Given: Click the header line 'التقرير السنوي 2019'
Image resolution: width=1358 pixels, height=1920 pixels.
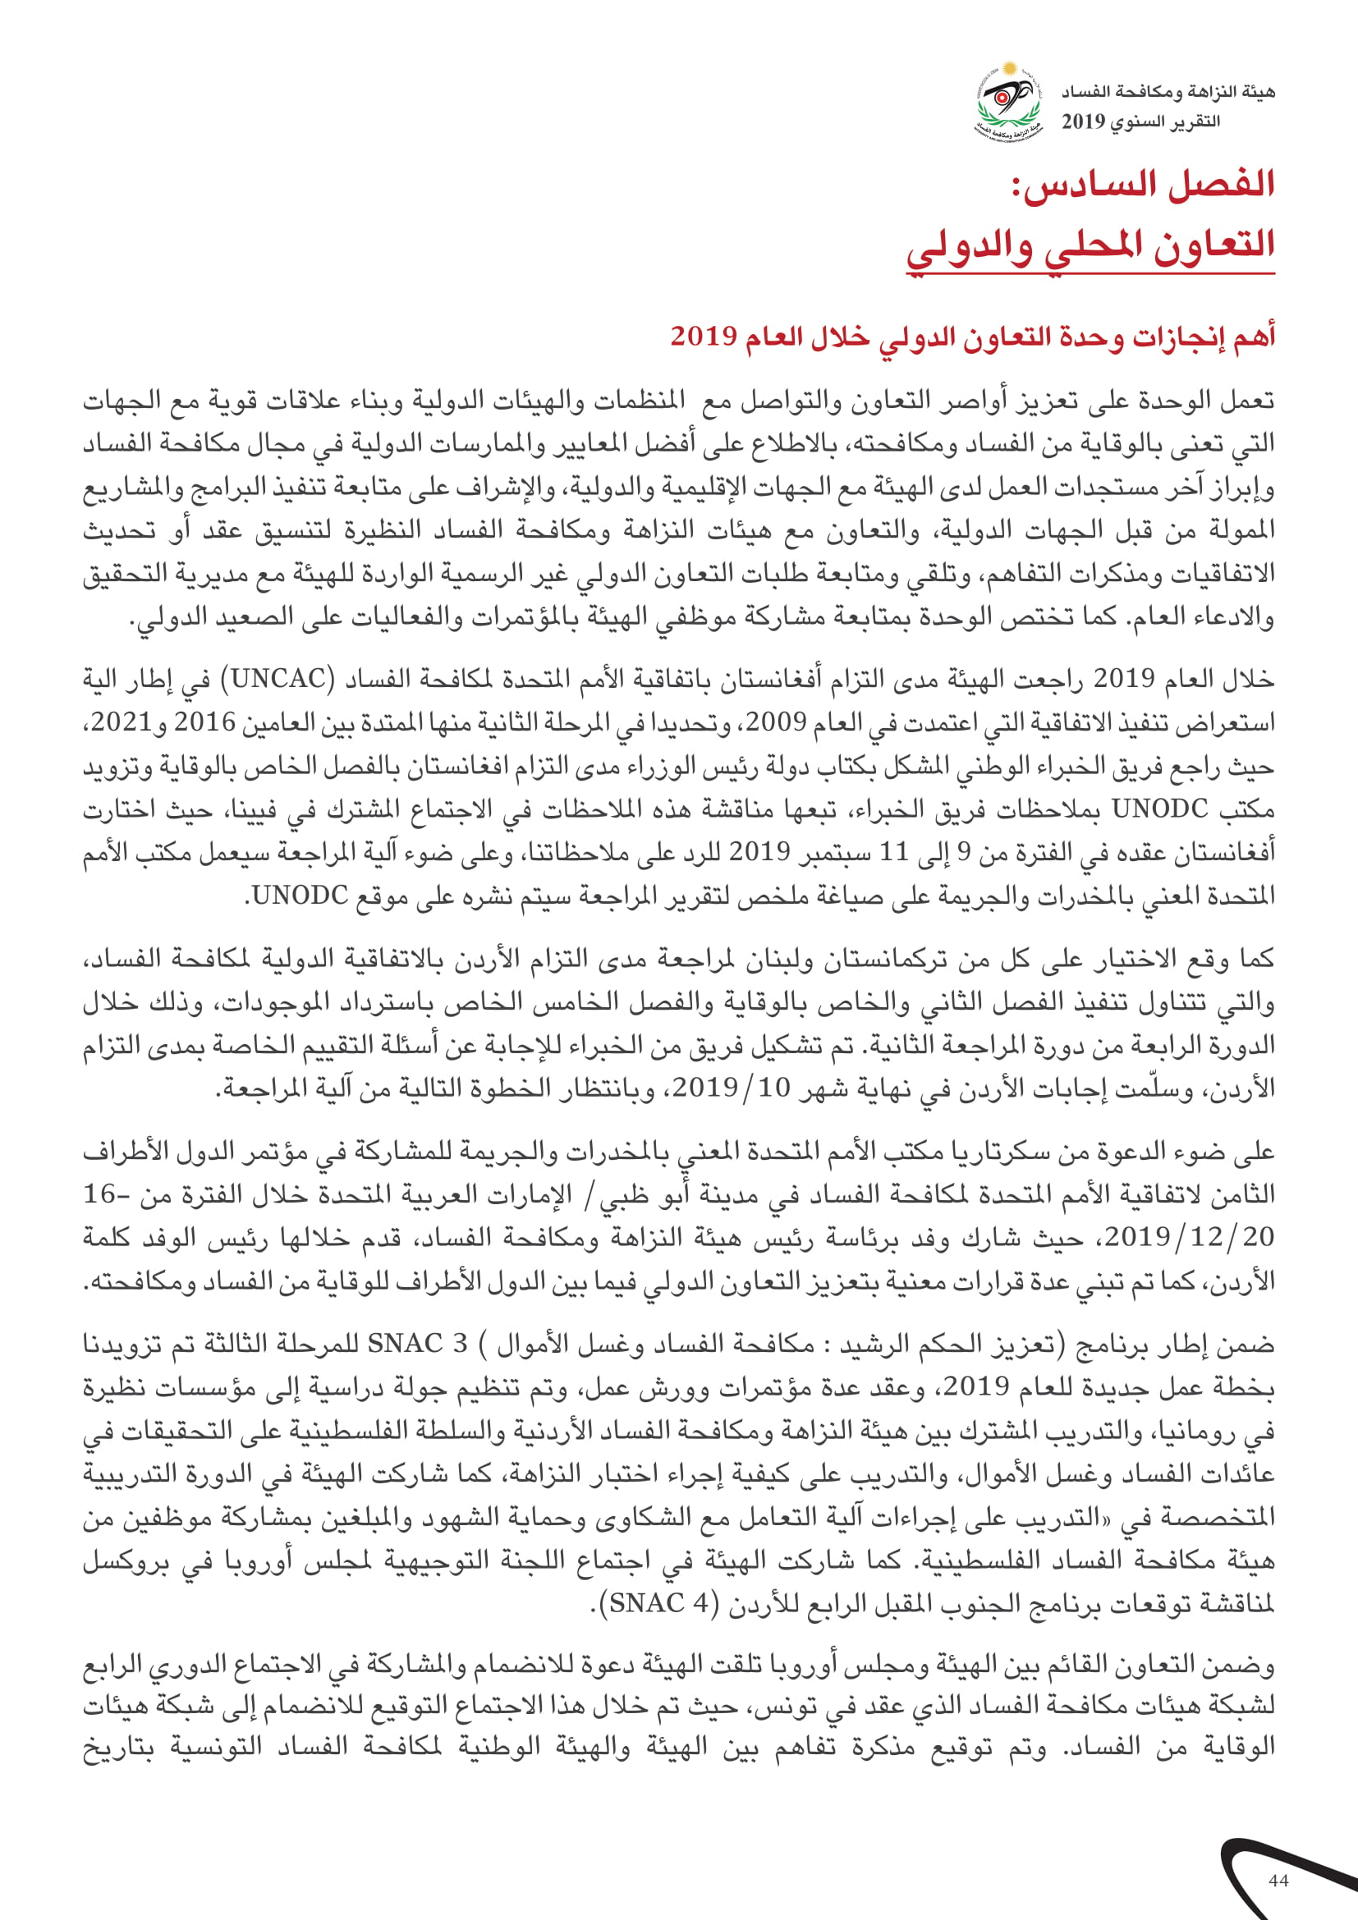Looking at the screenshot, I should point(1140,121).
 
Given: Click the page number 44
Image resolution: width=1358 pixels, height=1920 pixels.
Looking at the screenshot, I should point(1278,1881).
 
